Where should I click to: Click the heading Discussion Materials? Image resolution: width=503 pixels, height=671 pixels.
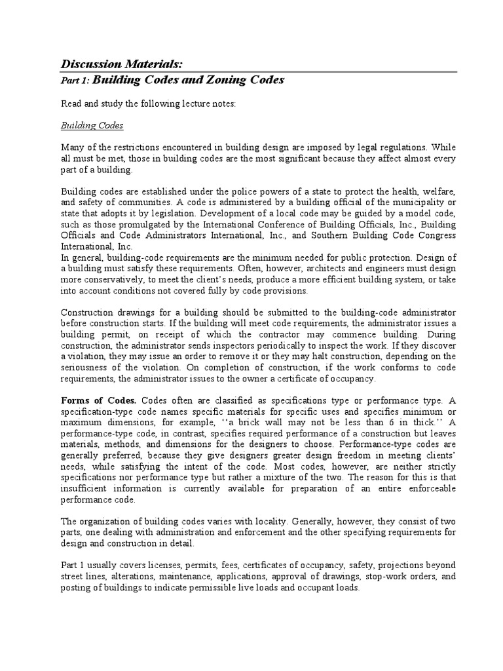coord(122,64)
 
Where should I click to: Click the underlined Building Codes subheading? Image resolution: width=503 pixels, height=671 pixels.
coord(92,125)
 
